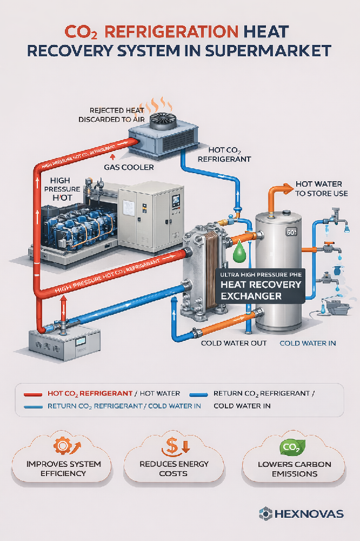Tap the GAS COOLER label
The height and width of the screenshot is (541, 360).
pyautogui.click(x=129, y=167)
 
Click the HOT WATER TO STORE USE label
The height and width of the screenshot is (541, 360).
pyautogui.click(x=321, y=189)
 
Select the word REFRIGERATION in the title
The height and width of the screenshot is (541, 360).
pyautogui.click(x=162, y=31)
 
